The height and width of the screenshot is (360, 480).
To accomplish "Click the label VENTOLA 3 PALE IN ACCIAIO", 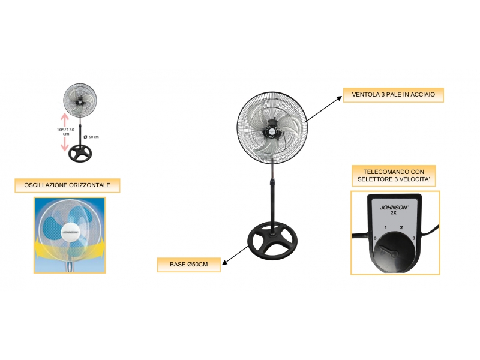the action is [x=393, y=95].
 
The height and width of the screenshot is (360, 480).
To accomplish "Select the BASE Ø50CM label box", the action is [x=189, y=265].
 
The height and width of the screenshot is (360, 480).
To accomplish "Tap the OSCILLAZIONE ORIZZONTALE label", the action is [x=67, y=185].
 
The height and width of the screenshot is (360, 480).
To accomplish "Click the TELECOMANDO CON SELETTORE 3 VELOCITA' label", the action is [x=394, y=176].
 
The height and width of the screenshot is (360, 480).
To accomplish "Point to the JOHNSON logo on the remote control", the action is [x=394, y=208].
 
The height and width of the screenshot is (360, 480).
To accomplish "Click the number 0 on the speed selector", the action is [x=375, y=238].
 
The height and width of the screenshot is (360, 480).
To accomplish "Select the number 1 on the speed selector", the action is [x=385, y=227].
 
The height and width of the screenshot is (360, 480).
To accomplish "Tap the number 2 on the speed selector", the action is [x=401, y=227].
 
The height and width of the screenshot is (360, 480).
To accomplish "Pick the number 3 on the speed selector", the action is [x=414, y=238].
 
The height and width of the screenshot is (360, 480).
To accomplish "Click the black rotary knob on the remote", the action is [x=395, y=251].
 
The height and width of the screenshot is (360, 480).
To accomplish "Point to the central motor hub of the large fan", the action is [x=271, y=130].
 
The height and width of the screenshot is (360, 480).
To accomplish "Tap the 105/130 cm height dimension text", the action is [x=65, y=131].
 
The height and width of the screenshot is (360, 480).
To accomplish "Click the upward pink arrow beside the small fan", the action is [x=64, y=119].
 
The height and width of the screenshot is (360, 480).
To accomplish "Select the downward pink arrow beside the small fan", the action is [x=64, y=144].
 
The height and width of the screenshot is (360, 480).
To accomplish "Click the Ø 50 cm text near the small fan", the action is [x=92, y=137].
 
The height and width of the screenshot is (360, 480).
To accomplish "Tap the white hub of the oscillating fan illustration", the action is [x=70, y=232].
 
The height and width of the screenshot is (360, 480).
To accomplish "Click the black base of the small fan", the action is [x=80, y=154].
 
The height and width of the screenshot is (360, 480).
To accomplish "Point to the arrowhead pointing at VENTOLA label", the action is [x=339, y=98].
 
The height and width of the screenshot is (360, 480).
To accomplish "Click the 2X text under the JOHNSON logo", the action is [x=394, y=213].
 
